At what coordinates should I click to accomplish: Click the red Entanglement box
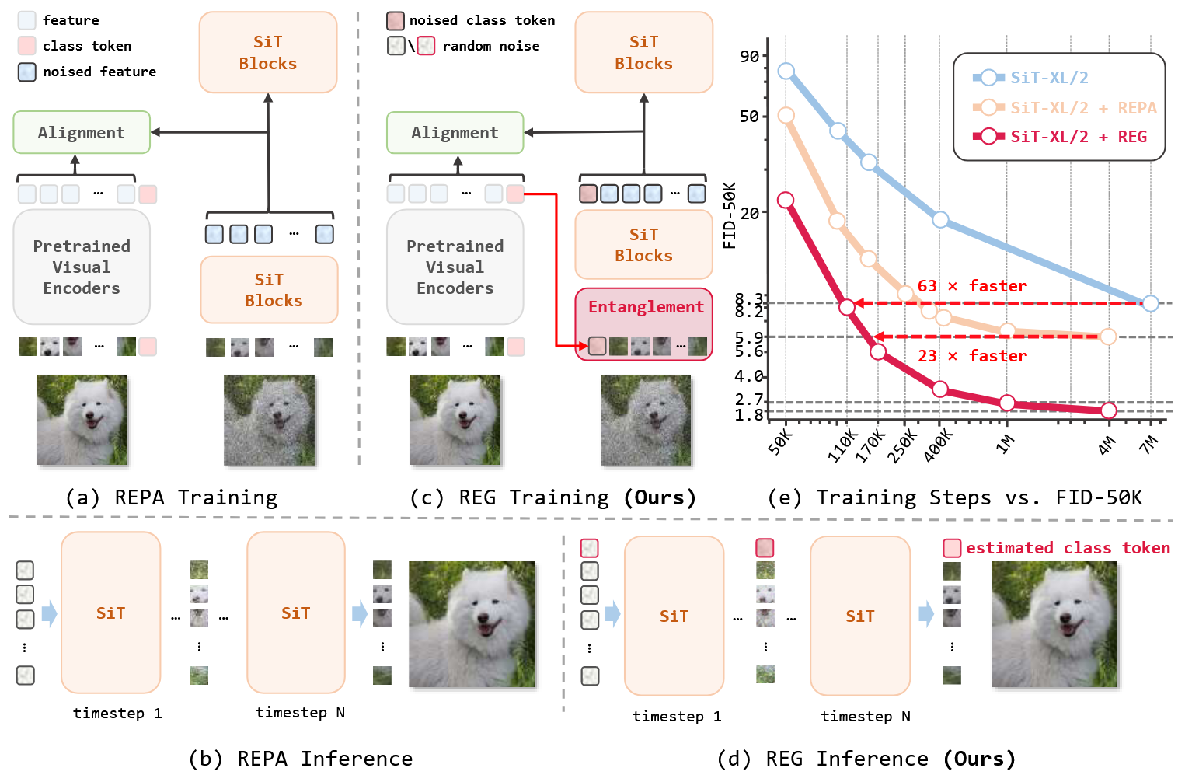[643, 323]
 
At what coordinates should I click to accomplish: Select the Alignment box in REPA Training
[81, 132]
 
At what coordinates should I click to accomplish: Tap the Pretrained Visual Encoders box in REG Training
[455, 267]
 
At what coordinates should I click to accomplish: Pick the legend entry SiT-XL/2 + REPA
[1082, 107]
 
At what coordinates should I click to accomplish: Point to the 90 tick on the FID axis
[750, 56]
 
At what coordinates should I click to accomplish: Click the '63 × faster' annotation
[972, 286]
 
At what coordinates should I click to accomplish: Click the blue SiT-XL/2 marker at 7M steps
[1151, 303]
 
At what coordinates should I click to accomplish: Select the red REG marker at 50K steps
[786, 200]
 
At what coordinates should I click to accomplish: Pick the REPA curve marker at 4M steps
[1109, 337]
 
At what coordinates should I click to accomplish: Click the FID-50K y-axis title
[729, 215]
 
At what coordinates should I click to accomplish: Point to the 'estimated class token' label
[1068, 548]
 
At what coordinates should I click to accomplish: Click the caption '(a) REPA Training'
[171, 497]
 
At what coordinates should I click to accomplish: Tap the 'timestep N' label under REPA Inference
[300, 712]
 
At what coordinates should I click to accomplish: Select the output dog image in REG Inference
[1054, 624]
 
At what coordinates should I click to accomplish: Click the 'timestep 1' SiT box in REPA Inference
[110, 613]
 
